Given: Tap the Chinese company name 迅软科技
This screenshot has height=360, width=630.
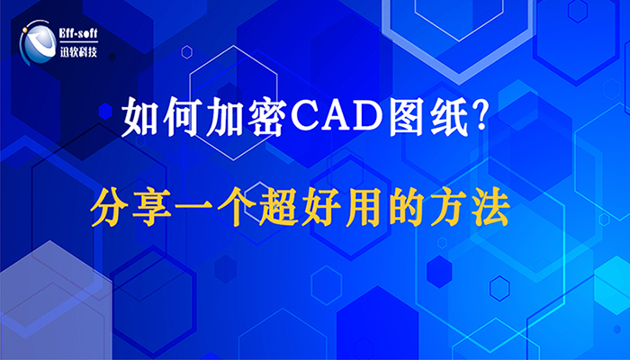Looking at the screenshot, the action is pos(78,51).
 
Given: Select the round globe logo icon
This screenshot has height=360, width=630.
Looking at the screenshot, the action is pos(38,42).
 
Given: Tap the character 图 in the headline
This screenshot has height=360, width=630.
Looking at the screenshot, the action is pos(406,116).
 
